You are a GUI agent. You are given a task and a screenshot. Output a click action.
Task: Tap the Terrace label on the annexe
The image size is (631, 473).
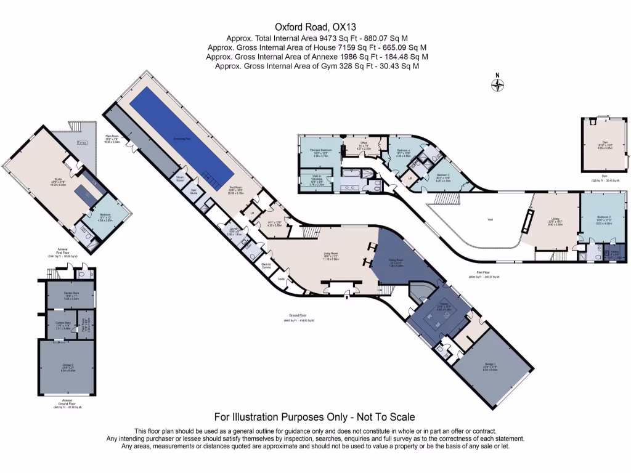[x=82, y=143]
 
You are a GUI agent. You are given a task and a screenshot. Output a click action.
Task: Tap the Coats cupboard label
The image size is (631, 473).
[x=281, y=278]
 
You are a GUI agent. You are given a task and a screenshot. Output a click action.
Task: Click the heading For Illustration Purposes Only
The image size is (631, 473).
[x=314, y=417]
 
